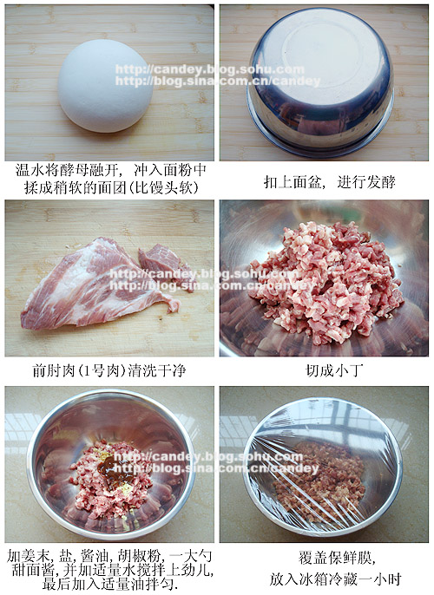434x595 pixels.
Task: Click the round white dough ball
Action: tap(106, 86)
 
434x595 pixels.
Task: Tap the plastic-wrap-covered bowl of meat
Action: tap(322, 467)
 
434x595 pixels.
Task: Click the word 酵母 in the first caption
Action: tap(75, 170)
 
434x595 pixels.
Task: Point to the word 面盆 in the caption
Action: tap(307, 182)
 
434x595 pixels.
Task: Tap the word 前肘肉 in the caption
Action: tap(54, 370)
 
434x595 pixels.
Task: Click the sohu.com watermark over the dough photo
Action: tap(209, 69)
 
